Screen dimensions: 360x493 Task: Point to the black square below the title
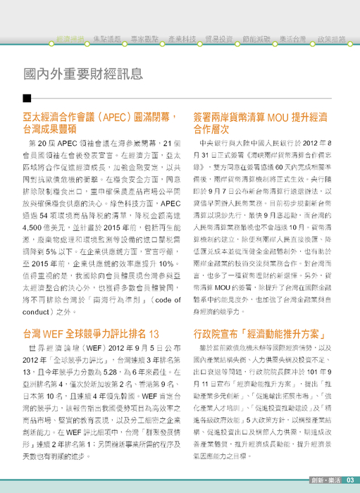coord(26,98)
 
